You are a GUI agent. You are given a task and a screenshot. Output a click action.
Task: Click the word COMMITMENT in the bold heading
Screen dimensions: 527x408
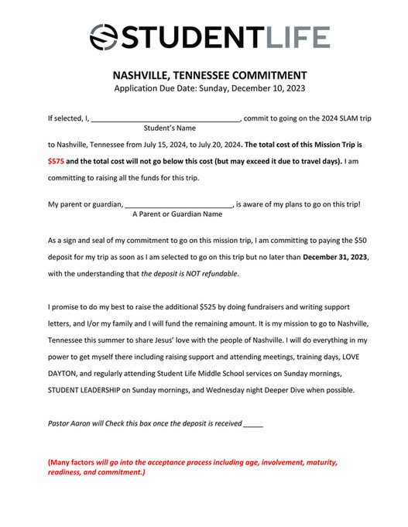coord(267,76)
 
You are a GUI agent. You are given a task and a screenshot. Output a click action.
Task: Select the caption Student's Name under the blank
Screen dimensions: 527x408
coord(170,128)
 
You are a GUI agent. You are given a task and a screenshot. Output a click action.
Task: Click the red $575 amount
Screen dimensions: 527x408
coord(56,162)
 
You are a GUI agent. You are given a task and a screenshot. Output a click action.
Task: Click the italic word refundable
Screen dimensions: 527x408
coord(218,274)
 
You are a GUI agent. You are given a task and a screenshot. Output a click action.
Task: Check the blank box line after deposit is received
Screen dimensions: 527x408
coord(253,425)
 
